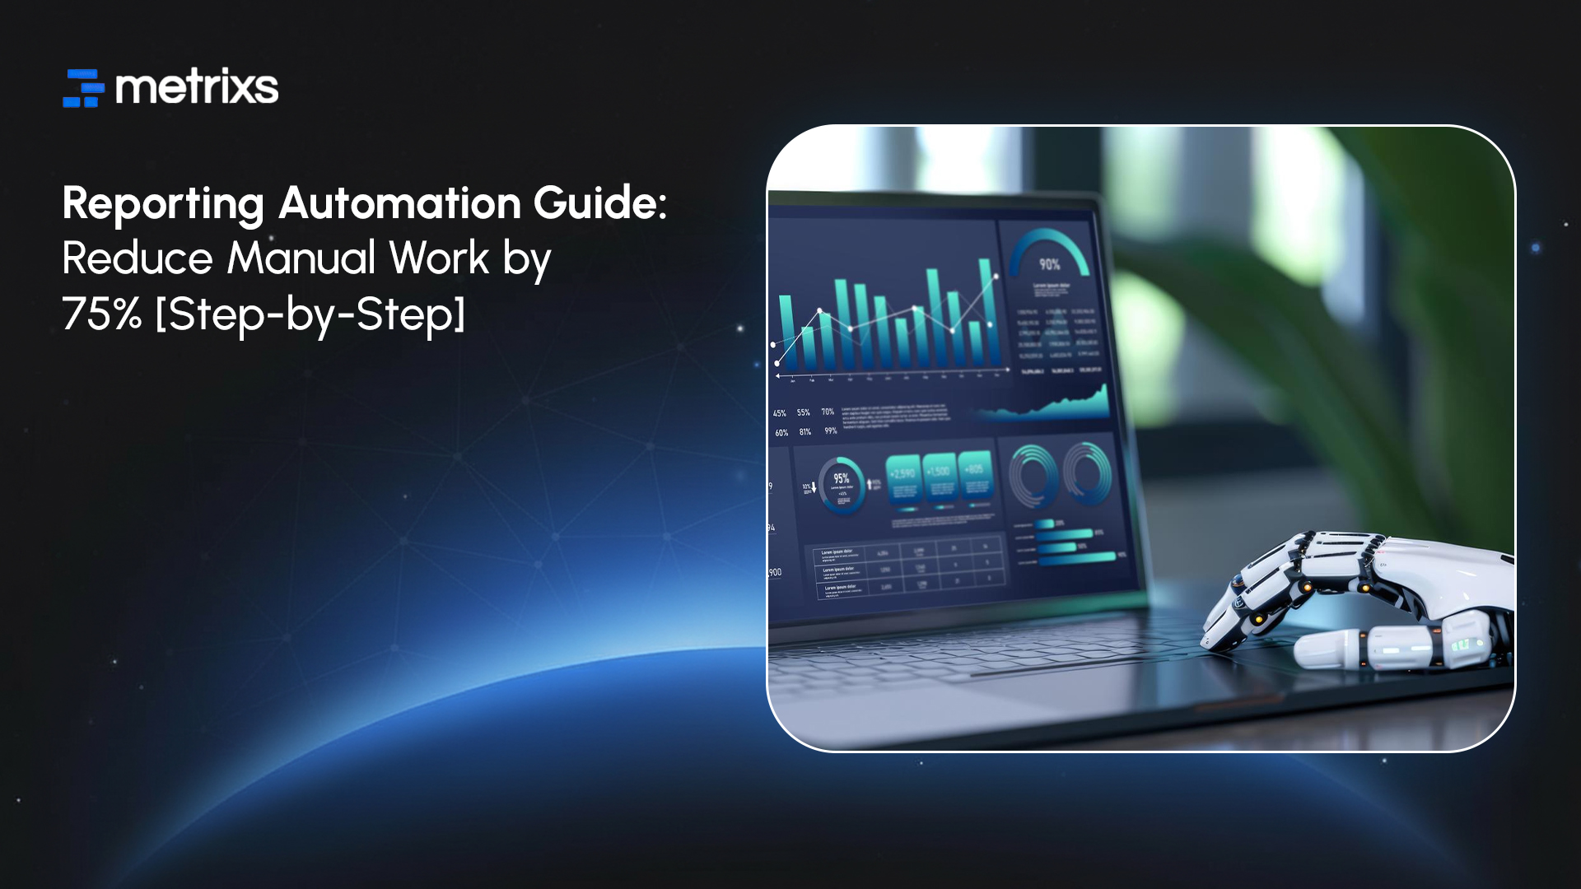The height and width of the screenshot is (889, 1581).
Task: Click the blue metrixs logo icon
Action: click(x=83, y=88)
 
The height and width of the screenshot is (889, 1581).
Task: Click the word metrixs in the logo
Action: click(x=197, y=87)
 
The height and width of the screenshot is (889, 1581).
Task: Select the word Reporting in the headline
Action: click(x=163, y=203)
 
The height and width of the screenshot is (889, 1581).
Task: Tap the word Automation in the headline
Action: click(x=400, y=202)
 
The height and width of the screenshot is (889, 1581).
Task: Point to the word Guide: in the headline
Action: click(x=600, y=202)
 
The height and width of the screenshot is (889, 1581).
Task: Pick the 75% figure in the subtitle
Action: click(x=101, y=314)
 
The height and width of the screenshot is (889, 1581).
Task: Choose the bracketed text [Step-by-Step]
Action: click(x=310, y=314)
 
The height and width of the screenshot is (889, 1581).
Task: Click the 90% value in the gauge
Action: click(x=1049, y=264)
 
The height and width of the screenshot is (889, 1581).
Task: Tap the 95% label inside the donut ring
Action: click(x=841, y=478)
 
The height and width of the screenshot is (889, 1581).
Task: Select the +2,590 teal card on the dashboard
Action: click(x=903, y=477)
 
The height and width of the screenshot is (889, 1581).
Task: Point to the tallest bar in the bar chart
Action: click(x=985, y=313)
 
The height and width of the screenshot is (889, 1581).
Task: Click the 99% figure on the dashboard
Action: click(x=831, y=431)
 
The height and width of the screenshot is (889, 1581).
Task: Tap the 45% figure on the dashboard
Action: click(x=779, y=413)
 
